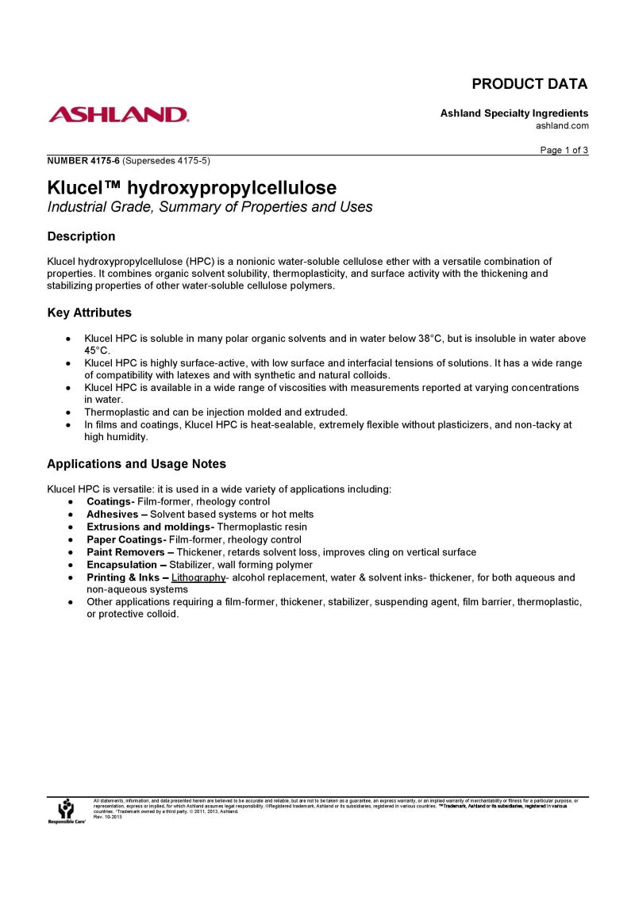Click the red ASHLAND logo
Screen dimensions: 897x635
pos(118,115)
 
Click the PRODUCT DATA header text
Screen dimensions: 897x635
pos(529,84)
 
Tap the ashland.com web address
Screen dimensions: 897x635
pos(562,125)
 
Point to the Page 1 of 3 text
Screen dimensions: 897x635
pos(564,151)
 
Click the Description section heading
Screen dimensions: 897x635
pos(81,236)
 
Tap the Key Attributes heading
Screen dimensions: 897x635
pos(90,312)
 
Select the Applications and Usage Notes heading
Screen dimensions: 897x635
pos(137,464)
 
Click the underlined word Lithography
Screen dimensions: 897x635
pos(198,577)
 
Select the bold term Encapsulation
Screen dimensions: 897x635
pos(121,565)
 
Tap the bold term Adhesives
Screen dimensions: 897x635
pos(112,514)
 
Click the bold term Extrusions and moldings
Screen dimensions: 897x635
pos(149,527)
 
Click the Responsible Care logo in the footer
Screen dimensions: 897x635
pos(66,811)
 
